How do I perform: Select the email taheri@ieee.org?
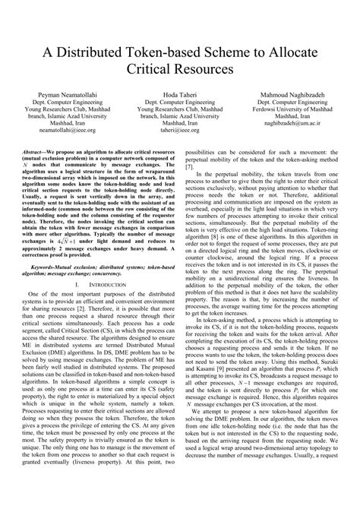(x=179, y=131)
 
